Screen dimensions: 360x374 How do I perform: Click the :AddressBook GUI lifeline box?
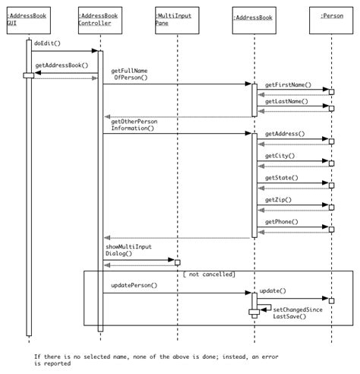coord(29,21)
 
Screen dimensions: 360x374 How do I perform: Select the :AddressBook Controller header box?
coord(100,21)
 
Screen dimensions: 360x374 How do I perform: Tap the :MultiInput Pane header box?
coord(177,21)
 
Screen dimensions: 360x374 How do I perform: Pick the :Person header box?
coord(331,21)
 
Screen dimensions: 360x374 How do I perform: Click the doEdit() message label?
coord(47,43)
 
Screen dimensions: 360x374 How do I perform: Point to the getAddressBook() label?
coord(62,65)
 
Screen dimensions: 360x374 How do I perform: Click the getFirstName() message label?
coord(288,85)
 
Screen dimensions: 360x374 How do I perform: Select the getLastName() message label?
coord(286,101)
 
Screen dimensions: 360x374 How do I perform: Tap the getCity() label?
coord(280,156)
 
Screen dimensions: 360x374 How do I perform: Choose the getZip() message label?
coord(278,200)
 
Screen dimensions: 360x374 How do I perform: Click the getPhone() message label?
coord(282,222)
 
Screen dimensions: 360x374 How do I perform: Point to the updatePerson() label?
coord(134,285)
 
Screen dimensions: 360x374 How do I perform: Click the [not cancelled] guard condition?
coord(209,274)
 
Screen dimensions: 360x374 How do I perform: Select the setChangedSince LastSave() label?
coord(298,313)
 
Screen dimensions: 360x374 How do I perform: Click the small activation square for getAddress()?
coord(331,141)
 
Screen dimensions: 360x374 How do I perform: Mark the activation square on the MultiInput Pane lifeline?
coord(178,262)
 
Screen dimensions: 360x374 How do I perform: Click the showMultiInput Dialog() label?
coord(128,250)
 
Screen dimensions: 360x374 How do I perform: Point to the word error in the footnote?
coord(270,357)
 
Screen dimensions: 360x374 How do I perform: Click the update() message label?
coord(273,290)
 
